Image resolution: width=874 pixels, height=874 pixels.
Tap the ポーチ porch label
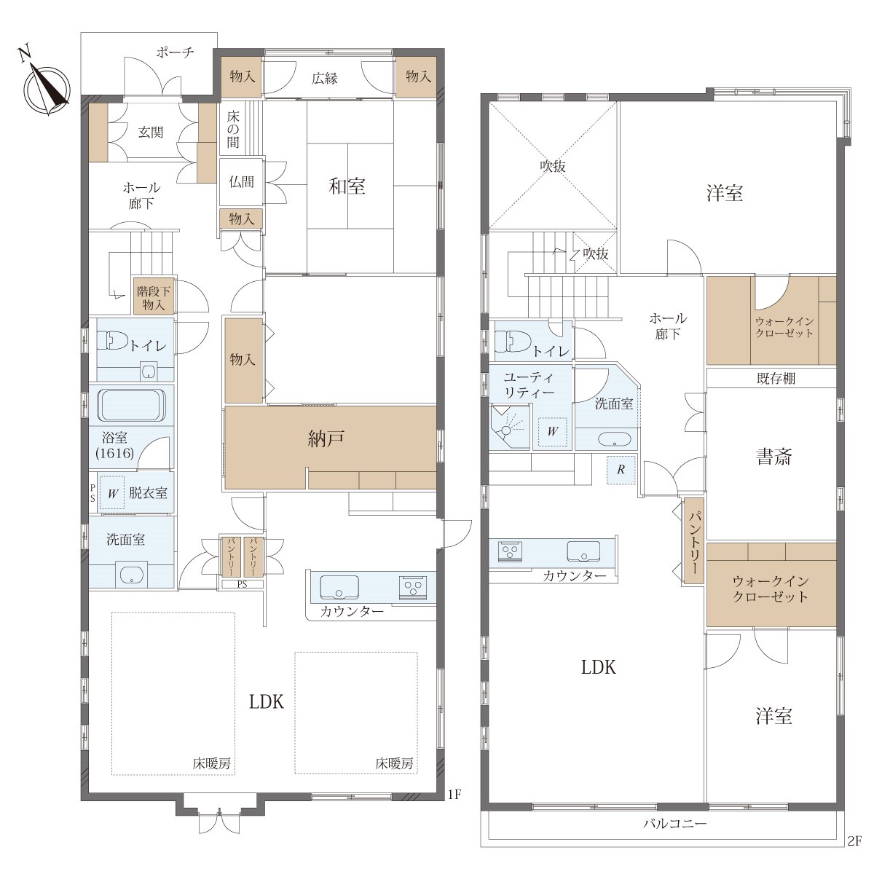tap(175, 52)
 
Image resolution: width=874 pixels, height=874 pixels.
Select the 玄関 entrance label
tap(151, 133)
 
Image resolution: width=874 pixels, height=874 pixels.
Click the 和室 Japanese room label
tap(347, 186)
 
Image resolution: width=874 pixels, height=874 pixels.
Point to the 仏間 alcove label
tap(241, 182)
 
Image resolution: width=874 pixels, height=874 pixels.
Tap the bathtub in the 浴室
tap(132, 404)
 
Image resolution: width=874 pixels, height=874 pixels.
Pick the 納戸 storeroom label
tap(326, 438)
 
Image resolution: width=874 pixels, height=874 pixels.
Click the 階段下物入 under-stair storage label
tap(153, 297)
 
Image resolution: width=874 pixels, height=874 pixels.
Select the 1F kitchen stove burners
tap(413, 586)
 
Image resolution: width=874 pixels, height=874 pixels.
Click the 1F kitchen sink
tap(339, 587)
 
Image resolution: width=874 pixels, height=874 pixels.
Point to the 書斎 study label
tap(773, 457)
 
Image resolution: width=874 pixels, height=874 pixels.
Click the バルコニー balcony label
tap(675, 823)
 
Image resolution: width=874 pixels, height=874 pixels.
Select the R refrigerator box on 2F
tap(621, 470)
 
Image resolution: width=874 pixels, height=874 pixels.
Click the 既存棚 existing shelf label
tap(776, 378)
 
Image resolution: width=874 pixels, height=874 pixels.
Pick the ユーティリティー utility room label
tap(529, 385)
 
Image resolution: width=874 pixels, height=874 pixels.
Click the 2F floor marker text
tap(854, 841)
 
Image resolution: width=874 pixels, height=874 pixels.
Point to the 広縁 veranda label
tap(325, 79)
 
